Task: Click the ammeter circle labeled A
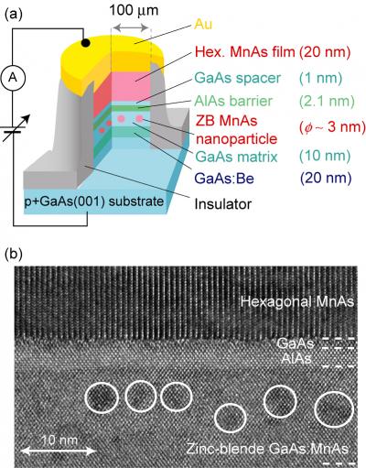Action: click(x=13, y=78)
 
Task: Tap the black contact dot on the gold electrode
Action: click(x=86, y=43)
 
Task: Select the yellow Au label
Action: click(x=203, y=24)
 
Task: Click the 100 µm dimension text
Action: click(x=135, y=11)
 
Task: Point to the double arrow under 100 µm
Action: click(x=131, y=27)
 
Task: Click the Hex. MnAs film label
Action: click(x=244, y=52)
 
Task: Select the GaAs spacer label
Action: click(x=237, y=78)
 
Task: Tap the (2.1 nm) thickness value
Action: click(x=327, y=101)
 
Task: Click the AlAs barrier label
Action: click(x=233, y=101)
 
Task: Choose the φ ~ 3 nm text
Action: click(x=332, y=126)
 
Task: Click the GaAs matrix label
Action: click(x=236, y=157)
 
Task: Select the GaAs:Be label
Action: click(x=224, y=179)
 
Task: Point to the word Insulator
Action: click(x=223, y=203)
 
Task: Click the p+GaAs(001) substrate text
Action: click(x=94, y=201)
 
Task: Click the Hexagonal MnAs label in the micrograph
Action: click(x=297, y=301)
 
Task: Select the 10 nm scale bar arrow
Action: click(x=59, y=451)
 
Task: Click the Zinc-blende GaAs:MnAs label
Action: click(x=267, y=449)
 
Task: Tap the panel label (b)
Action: click(x=14, y=254)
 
